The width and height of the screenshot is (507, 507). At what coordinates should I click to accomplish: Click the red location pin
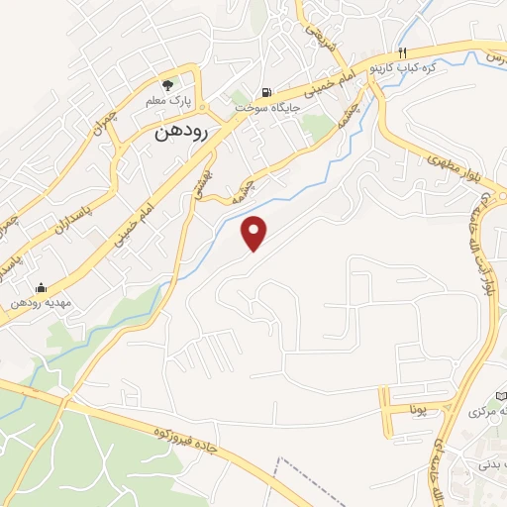coord(256,233)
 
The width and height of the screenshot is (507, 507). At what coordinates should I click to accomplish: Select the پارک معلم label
coord(168,102)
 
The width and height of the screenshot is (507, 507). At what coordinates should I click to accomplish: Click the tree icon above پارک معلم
coord(168,85)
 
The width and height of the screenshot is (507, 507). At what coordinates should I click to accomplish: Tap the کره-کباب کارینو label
coord(404,68)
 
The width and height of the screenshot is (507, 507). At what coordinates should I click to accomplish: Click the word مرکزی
coord(483,410)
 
